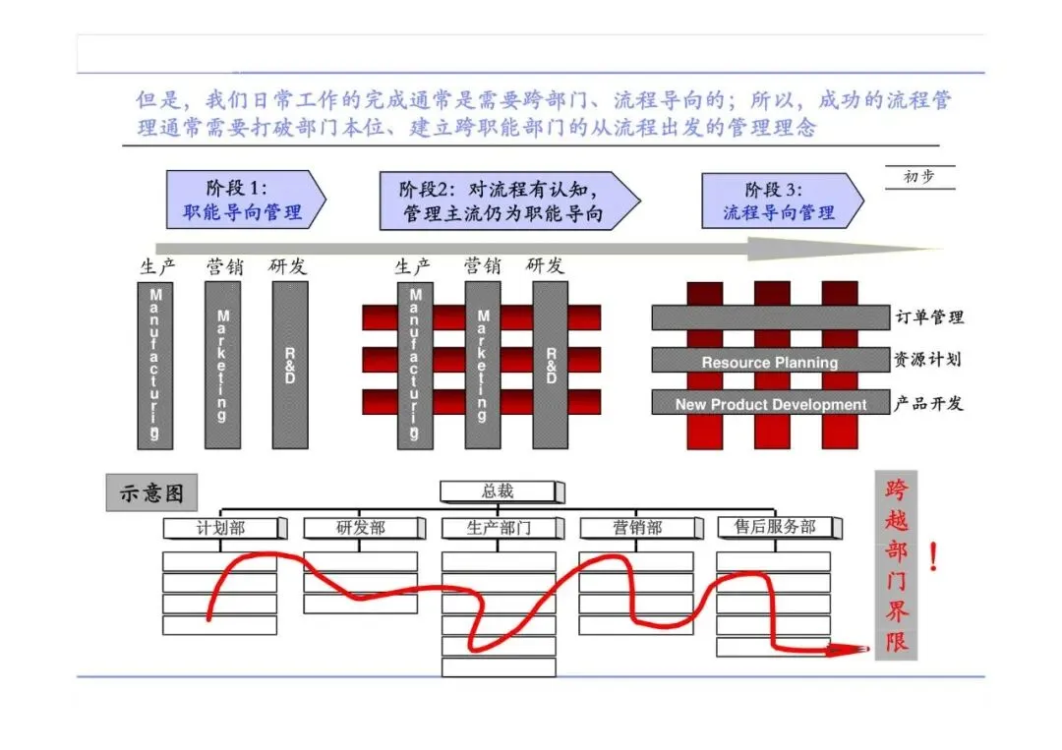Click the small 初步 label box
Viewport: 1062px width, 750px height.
point(918,178)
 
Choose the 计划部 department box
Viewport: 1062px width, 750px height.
point(222,528)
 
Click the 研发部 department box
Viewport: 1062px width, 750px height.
point(362,528)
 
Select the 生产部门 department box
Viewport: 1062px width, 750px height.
point(500,528)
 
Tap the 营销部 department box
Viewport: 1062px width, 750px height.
point(638,528)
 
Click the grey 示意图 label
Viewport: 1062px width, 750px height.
point(151,493)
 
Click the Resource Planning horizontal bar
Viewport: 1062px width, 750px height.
point(770,362)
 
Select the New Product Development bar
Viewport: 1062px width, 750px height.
point(770,404)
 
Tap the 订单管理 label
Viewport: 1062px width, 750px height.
point(929,317)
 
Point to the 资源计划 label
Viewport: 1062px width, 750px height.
point(927,359)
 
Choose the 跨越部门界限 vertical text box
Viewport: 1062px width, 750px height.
point(896,566)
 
